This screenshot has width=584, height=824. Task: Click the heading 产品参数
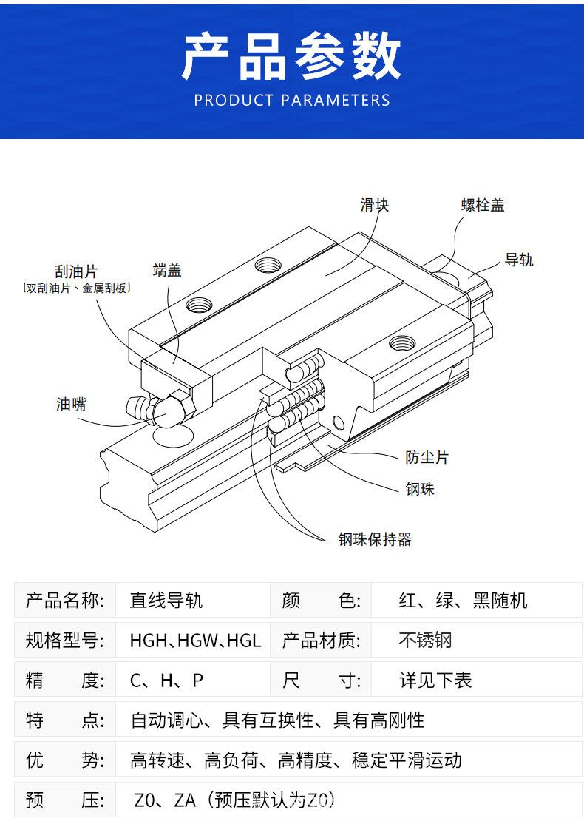click(291, 56)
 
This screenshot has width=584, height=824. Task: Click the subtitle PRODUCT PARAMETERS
click(292, 101)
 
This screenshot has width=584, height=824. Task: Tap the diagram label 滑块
click(375, 204)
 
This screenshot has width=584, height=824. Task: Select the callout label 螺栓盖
click(483, 204)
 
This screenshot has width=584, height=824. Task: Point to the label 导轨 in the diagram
click(518, 260)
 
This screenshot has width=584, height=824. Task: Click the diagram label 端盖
click(167, 270)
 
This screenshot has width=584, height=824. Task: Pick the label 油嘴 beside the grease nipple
click(71, 404)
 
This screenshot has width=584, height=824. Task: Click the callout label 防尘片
click(427, 457)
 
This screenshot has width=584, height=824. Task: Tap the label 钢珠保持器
click(375, 539)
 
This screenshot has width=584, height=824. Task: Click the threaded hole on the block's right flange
click(402, 344)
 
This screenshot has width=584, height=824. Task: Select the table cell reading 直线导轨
click(166, 600)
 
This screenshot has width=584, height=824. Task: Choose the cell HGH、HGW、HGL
click(195, 640)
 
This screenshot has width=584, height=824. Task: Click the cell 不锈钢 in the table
click(425, 640)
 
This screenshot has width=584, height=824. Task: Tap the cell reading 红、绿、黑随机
click(463, 600)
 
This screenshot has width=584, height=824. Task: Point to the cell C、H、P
click(166, 681)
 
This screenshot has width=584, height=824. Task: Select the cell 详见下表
click(435, 681)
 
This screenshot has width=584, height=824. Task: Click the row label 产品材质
click(321, 640)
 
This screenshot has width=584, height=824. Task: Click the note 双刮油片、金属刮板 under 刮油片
click(77, 288)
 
